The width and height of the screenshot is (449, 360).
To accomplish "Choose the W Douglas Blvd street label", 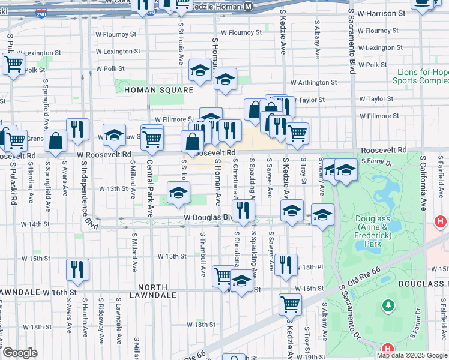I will coord(207,217).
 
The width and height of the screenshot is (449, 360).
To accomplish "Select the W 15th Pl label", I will coord(309,267).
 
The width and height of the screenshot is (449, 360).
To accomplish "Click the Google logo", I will coord(20,353).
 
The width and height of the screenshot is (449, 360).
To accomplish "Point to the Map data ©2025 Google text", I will coord(412,355).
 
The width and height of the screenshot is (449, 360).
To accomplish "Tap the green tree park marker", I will coord(388,307).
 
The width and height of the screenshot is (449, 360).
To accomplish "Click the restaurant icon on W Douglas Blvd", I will coord(243,209).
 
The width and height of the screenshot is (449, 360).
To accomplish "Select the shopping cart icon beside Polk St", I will coord(13,63).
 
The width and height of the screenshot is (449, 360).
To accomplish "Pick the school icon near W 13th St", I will coord(178,193).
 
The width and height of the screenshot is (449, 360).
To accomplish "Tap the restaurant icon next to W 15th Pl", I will coord(286,264).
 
